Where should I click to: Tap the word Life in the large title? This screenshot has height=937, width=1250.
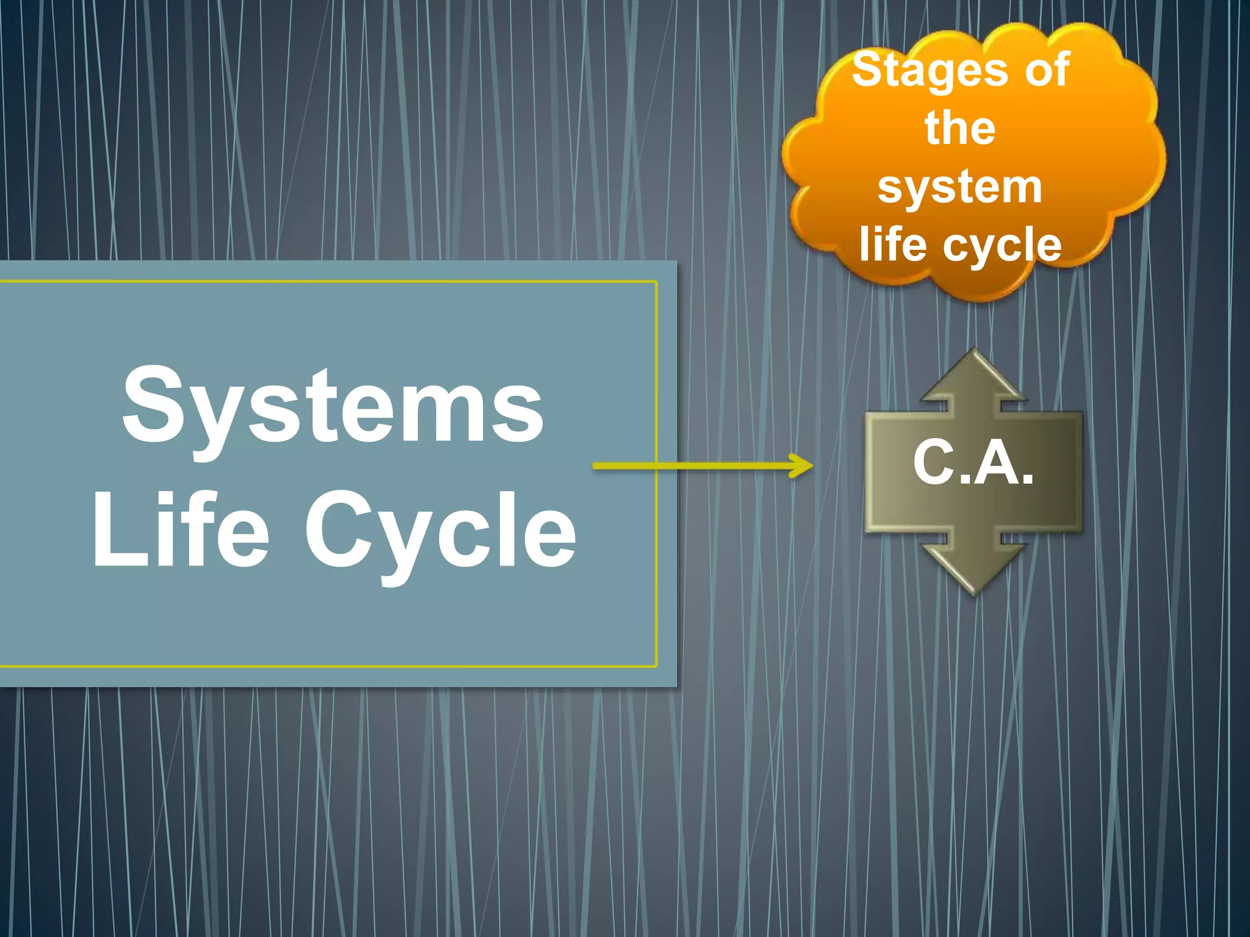pos(181,530)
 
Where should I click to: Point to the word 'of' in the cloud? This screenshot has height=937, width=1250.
pos(1047,70)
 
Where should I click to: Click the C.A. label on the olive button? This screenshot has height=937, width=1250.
pos(974,464)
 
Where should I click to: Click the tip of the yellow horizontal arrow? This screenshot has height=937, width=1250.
pos(811,466)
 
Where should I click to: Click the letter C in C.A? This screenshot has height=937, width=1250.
pos(934,464)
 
